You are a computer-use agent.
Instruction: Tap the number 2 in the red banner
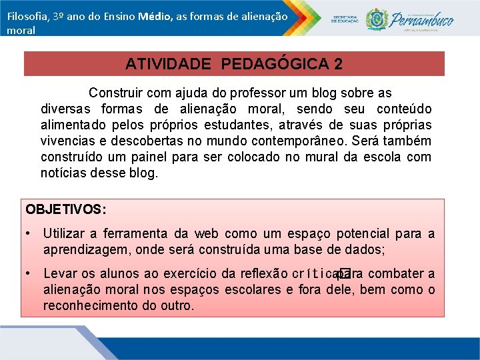[x=339, y=64]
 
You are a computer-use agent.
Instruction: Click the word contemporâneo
[x=307, y=141]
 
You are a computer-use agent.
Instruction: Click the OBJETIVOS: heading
[x=65, y=209]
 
